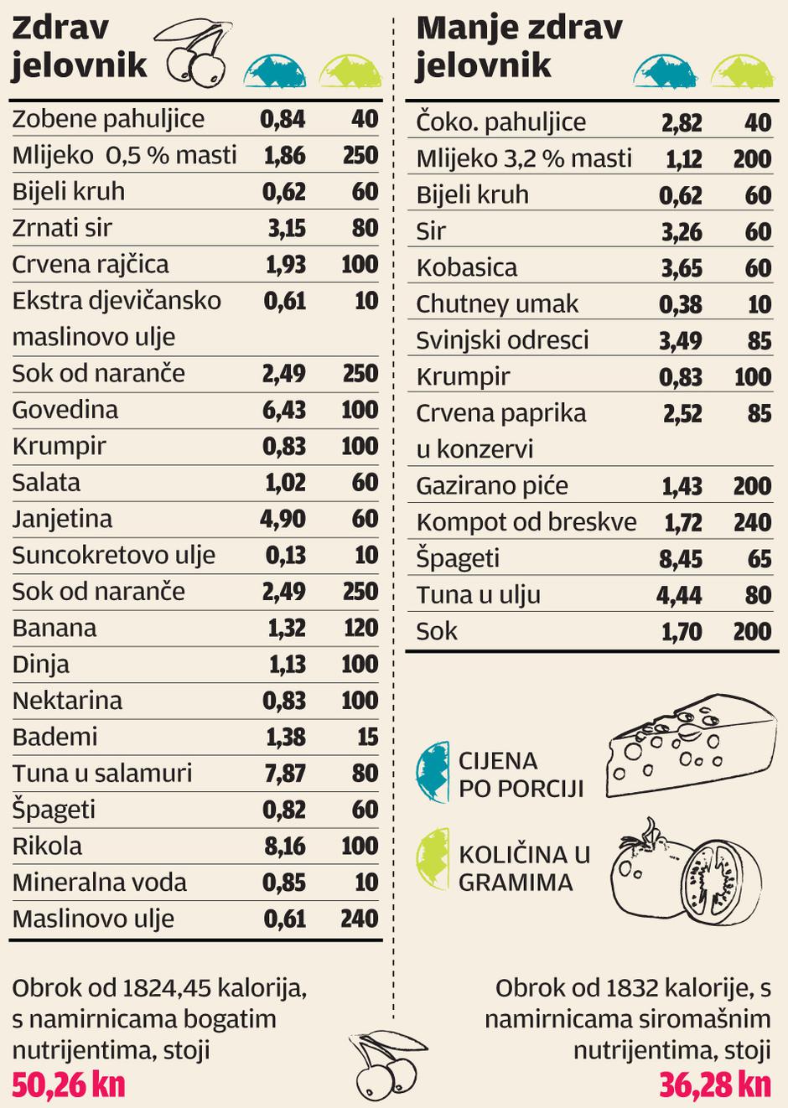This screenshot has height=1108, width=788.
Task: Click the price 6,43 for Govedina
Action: pyautogui.click(x=284, y=410)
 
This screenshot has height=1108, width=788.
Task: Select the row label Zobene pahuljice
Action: pyautogui.click(x=108, y=119)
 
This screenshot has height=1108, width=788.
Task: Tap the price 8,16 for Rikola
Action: pyautogui.click(x=284, y=846)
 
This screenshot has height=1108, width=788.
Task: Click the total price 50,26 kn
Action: pyautogui.click(x=69, y=1085)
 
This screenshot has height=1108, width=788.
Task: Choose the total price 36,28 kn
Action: pyautogui.click(x=714, y=1085)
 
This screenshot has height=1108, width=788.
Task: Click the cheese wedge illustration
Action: pyautogui.click(x=690, y=745)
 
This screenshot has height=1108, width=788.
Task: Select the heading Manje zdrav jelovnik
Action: pyautogui.click(x=519, y=46)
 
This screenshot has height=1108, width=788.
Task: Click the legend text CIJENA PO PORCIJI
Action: pyautogui.click(x=521, y=774)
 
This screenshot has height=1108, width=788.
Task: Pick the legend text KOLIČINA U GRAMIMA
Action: pyautogui.click(x=524, y=868)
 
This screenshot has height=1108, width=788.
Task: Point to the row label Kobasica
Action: pyautogui.click(x=467, y=268)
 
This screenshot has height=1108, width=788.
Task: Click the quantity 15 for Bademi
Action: pyautogui.click(x=367, y=737)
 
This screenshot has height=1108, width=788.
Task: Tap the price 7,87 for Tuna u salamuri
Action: pyautogui.click(x=285, y=774)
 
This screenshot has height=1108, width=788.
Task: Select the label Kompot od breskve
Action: pyautogui.click(x=526, y=522)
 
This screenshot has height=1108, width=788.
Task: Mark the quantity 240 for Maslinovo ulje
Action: pyautogui.click(x=359, y=919)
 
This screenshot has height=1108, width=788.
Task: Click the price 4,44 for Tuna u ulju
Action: pyautogui.click(x=679, y=595)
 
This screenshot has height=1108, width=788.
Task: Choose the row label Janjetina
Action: pyautogui.click(x=62, y=519)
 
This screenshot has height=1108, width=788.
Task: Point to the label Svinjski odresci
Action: pyautogui.click(x=502, y=340)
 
